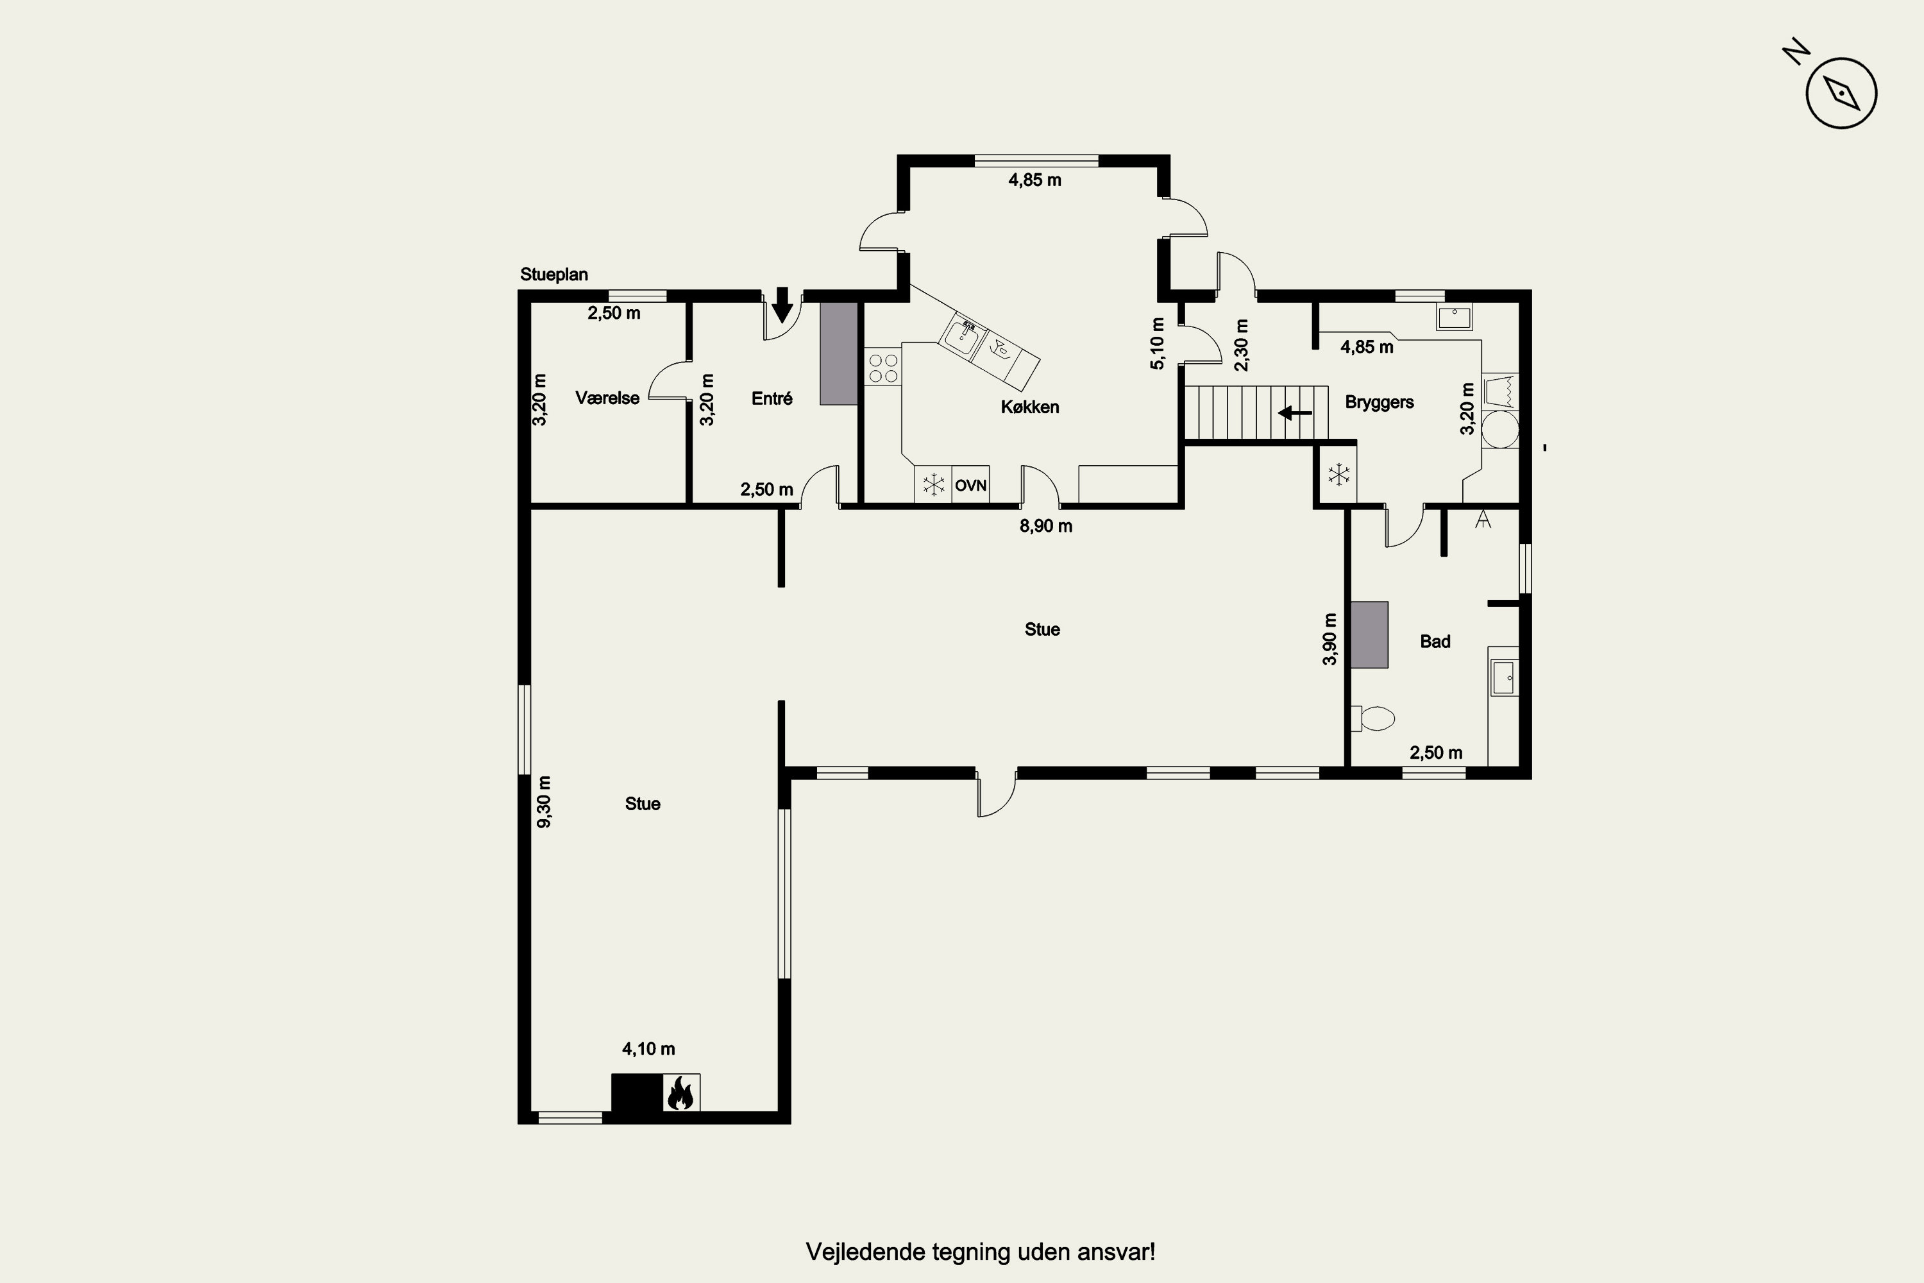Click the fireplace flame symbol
point(680,1092)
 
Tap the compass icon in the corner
point(1841,93)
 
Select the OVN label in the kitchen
point(971,485)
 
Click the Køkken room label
point(1030,407)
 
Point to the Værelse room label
point(607,398)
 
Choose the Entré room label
point(772,398)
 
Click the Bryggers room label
point(1380,403)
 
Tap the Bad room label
point(1435,641)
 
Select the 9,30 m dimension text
point(544,801)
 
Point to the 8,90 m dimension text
point(1045,526)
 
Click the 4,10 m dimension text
point(648,1048)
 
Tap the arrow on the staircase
point(1295,413)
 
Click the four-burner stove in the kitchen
point(882,368)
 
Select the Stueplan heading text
point(554,275)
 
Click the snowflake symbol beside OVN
point(933,484)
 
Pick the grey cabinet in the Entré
point(838,353)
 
